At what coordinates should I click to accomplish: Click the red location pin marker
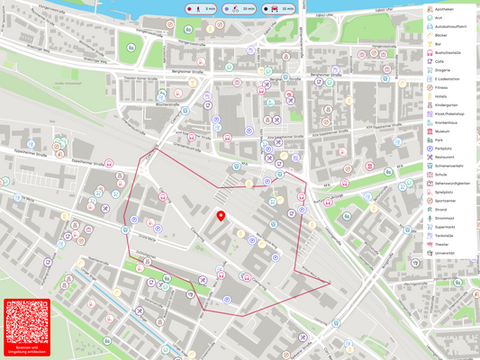pyautogui.click(x=221, y=216)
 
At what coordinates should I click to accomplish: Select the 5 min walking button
pyautogui.click(x=201, y=8)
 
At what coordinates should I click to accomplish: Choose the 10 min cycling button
pyautogui.click(x=240, y=8)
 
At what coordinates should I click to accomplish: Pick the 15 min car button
pyautogui.click(x=278, y=8)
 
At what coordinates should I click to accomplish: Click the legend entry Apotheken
pyautogui.click(x=444, y=8)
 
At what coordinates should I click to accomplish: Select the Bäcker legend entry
pyautogui.click(x=440, y=35)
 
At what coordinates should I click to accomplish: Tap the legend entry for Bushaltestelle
pyautogui.click(x=448, y=53)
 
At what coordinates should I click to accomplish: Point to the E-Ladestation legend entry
pyautogui.click(x=447, y=79)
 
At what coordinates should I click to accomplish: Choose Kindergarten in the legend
pyautogui.click(x=447, y=105)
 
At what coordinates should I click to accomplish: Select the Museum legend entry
pyautogui.click(x=442, y=131)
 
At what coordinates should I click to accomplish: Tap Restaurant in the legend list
pyautogui.click(x=444, y=157)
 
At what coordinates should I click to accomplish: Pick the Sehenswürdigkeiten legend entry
pyautogui.click(x=452, y=184)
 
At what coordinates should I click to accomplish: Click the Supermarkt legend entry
pyautogui.click(x=446, y=227)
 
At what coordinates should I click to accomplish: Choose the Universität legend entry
pyautogui.click(x=445, y=253)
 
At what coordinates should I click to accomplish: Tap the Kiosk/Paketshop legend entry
pyautogui.click(x=449, y=114)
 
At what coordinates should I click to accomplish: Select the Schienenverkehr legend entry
pyautogui.click(x=448, y=166)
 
